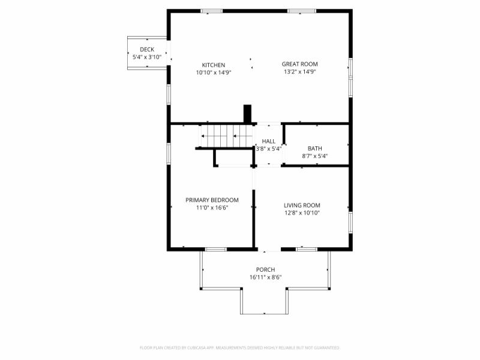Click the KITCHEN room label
click(x=214, y=65)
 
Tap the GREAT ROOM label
click(x=300, y=64)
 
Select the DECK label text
click(x=147, y=49)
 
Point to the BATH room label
click(x=314, y=149)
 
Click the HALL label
click(x=268, y=141)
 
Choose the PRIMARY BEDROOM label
click(x=212, y=200)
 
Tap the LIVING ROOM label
click(x=302, y=205)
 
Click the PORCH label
click(x=265, y=270)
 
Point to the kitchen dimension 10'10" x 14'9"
click(x=214, y=72)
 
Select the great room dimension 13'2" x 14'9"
click(x=300, y=72)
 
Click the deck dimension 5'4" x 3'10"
click(x=147, y=56)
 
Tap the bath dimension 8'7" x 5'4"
click(x=314, y=156)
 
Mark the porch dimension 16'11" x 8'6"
click(x=265, y=277)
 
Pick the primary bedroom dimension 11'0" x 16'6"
click(x=212, y=208)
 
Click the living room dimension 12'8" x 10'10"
click(x=302, y=212)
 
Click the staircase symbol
click(x=225, y=136)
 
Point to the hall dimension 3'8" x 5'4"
click(x=268, y=149)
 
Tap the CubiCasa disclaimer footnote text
click(x=240, y=347)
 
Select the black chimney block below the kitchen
click(x=247, y=114)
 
